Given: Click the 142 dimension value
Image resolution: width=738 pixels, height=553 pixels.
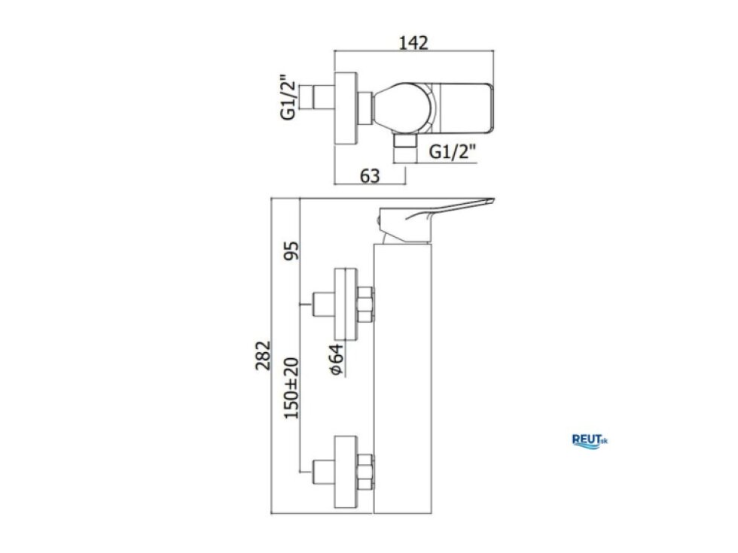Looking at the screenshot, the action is pos(413,42).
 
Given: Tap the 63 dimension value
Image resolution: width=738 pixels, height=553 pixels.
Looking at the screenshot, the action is pos(370,176).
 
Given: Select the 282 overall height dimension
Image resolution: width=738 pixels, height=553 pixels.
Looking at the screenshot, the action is pos(263,355).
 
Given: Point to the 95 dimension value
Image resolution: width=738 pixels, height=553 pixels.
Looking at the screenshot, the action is pos(292,251).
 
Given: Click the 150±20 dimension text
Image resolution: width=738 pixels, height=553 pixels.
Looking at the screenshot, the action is pos(291,388).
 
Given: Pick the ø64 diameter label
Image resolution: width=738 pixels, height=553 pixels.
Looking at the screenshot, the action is pos(336,360).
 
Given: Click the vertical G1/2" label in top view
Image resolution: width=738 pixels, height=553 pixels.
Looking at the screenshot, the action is pos(288,97).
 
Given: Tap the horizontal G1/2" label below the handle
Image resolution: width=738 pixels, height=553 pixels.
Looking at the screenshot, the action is pos(453,151).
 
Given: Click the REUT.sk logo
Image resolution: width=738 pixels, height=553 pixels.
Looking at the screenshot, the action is pos(590,441).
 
